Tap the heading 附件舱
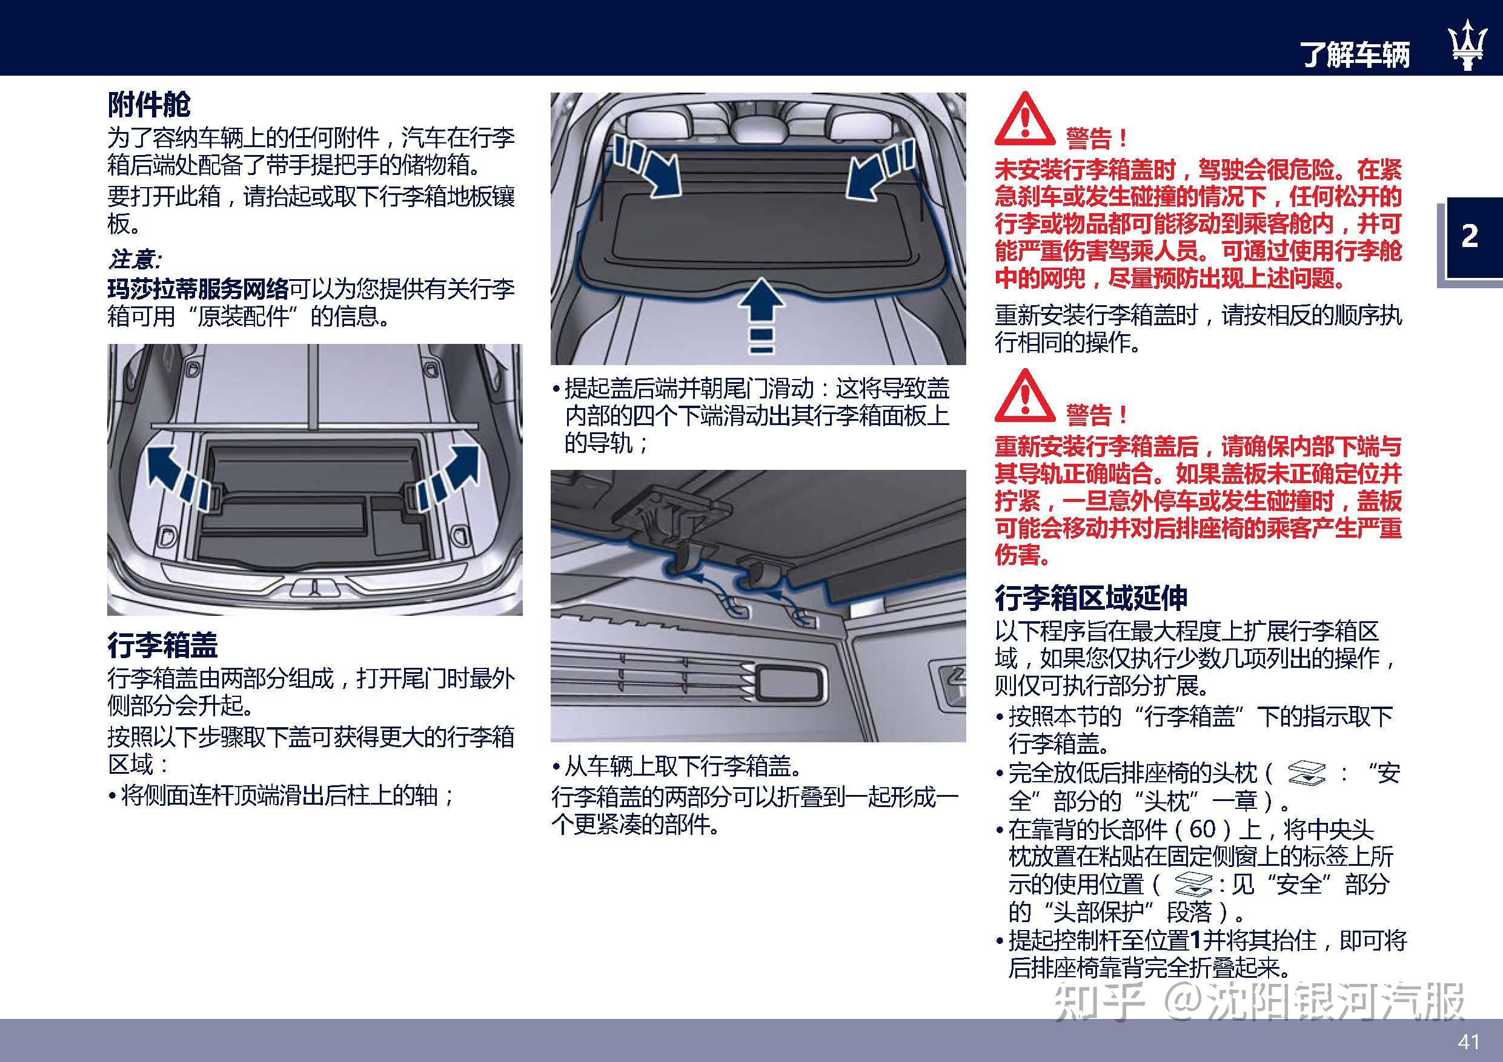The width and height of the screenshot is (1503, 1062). (x=149, y=105)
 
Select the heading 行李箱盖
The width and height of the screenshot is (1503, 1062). (x=162, y=645)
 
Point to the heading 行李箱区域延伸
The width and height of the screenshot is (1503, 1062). (x=1090, y=598)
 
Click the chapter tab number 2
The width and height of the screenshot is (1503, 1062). (x=1470, y=236)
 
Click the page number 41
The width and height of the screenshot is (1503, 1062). (x=1469, y=1041)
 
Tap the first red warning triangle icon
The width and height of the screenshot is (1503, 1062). (x=1024, y=120)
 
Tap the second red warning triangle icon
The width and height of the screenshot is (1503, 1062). (x=1024, y=397)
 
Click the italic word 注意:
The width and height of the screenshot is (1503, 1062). (x=135, y=260)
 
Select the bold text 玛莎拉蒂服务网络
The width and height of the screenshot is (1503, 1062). (x=198, y=289)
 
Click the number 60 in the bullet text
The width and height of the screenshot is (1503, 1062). (x=1203, y=829)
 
